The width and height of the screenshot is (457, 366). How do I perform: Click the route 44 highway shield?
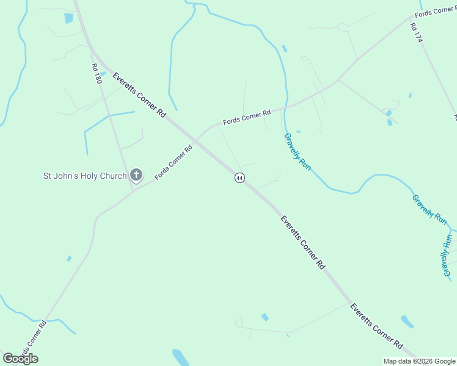click(x=239, y=178)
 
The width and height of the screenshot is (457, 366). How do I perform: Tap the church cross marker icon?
click(x=136, y=176)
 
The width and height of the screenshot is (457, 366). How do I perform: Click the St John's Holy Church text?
click(x=84, y=176)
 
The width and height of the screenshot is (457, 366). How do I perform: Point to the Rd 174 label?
click(x=417, y=32)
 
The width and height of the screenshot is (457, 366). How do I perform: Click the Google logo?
click(x=20, y=359)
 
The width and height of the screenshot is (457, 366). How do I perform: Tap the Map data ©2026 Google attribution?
click(x=419, y=361)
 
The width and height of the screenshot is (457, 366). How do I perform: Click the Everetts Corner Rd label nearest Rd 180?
click(x=139, y=96)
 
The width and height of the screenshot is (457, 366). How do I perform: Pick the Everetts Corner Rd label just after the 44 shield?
click(x=302, y=242)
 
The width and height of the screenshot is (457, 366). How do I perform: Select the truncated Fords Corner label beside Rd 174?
click(x=435, y=12)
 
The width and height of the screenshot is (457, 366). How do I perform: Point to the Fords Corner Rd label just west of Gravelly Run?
click(x=247, y=117)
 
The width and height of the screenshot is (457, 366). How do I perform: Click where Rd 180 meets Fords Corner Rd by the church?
click(x=133, y=189)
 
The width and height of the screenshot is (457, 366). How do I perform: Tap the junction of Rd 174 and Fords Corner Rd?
click(x=409, y=20)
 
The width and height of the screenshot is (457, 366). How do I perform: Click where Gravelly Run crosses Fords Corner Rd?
click(x=285, y=107)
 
